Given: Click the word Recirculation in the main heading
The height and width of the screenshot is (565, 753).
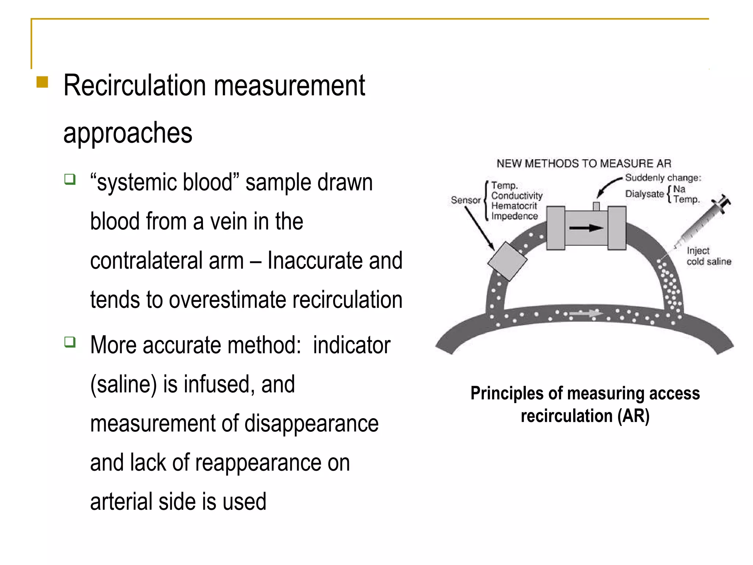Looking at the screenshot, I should pyautogui.click(x=135, y=86).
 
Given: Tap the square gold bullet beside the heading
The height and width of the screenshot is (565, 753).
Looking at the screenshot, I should pyautogui.click(x=42, y=82).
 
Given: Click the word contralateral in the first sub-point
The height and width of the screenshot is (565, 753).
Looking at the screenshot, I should pyautogui.click(x=167, y=260).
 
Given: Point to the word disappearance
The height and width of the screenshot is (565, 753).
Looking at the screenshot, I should pyautogui.click(x=311, y=423).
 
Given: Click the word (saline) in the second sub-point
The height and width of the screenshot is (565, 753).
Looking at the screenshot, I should pyautogui.click(x=124, y=384).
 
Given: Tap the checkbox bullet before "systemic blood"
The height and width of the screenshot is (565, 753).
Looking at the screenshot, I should pyautogui.click(x=70, y=180).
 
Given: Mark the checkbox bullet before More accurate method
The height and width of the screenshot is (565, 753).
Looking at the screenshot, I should pyautogui.click(x=70, y=342).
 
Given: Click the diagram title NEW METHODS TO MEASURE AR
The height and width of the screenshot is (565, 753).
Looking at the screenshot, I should pyautogui.click(x=584, y=163).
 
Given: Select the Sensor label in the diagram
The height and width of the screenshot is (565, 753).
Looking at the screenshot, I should pyautogui.click(x=466, y=200).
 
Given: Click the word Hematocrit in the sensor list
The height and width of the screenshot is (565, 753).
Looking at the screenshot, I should pyautogui.click(x=514, y=206).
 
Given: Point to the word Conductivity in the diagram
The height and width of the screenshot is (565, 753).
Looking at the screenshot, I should pyautogui.click(x=517, y=196).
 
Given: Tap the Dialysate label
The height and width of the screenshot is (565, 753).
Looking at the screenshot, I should pyautogui.click(x=644, y=194).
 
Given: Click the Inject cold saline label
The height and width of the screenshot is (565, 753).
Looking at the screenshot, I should pyautogui.click(x=708, y=256).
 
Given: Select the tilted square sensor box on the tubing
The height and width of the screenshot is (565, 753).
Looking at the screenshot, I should pyautogui.click(x=507, y=261).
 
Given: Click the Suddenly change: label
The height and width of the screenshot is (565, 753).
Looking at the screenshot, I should pyautogui.click(x=663, y=178).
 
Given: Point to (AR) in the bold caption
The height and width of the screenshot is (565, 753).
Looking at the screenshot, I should pyautogui.click(x=633, y=416).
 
